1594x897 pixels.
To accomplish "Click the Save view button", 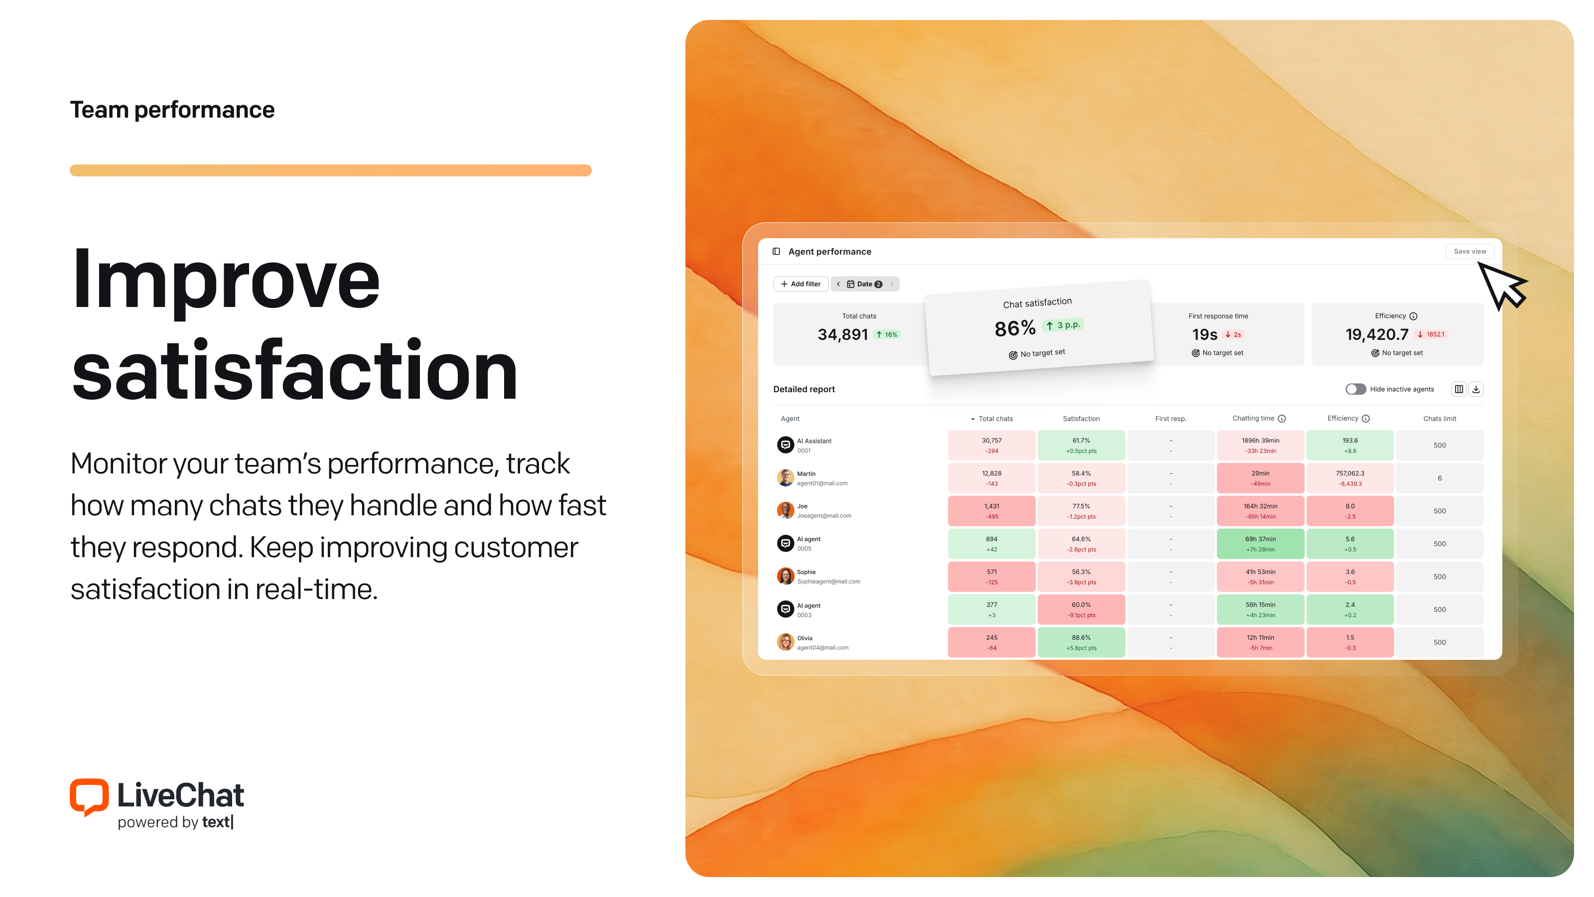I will point(1469,251).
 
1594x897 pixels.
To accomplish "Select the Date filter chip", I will point(864,284).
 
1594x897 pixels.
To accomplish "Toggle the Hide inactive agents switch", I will point(1355,389).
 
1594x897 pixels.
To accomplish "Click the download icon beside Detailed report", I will point(1476,389).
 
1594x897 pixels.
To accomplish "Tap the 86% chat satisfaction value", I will point(1015,329).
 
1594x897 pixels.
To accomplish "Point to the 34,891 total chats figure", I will point(843,335).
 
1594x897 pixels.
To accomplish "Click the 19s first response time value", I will point(1204,335).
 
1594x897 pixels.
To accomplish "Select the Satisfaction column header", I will point(1081,419).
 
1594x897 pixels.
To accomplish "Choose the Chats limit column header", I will point(1439,419).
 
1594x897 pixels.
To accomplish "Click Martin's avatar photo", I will point(785,478).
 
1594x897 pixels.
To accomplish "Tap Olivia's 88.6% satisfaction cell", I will point(1081,642).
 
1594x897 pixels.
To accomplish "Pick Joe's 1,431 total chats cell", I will point(991,511).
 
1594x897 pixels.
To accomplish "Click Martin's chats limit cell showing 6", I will point(1439,478).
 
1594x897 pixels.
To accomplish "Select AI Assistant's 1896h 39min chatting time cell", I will point(1260,446).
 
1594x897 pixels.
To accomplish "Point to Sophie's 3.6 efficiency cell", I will point(1349,577).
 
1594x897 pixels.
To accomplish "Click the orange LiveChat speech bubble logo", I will point(89,797).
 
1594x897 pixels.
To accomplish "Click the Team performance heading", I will point(172,110).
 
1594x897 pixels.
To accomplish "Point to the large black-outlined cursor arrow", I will point(1502,286).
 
